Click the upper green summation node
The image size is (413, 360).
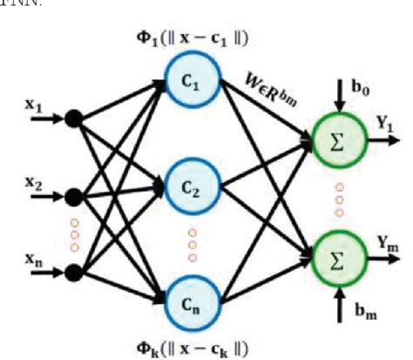pos(334,142)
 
